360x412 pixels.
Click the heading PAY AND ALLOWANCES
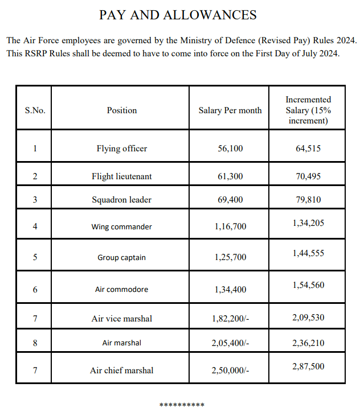(x=178, y=15)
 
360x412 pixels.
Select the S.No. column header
(x=35, y=110)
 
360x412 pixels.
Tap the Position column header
(x=122, y=110)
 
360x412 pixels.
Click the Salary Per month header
(x=230, y=110)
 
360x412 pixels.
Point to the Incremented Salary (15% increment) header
(x=308, y=110)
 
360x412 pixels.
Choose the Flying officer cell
(x=122, y=149)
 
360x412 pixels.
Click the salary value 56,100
(x=230, y=149)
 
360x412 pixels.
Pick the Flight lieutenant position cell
(x=122, y=176)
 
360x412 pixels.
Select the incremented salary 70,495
(x=308, y=176)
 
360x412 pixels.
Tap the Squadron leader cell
(x=122, y=200)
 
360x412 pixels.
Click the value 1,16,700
(x=231, y=226)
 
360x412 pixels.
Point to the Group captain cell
(x=122, y=257)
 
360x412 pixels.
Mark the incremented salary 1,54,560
(x=308, y=285)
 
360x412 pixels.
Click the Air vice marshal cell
(x=122, y=319)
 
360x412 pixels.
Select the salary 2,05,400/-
(x=231, y=343)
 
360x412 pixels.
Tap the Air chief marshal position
(x=122, y=370)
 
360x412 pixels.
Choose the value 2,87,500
(x=308, y=366)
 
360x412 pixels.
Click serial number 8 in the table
(x=35, y=343)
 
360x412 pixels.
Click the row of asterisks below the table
(x=182, y=405)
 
